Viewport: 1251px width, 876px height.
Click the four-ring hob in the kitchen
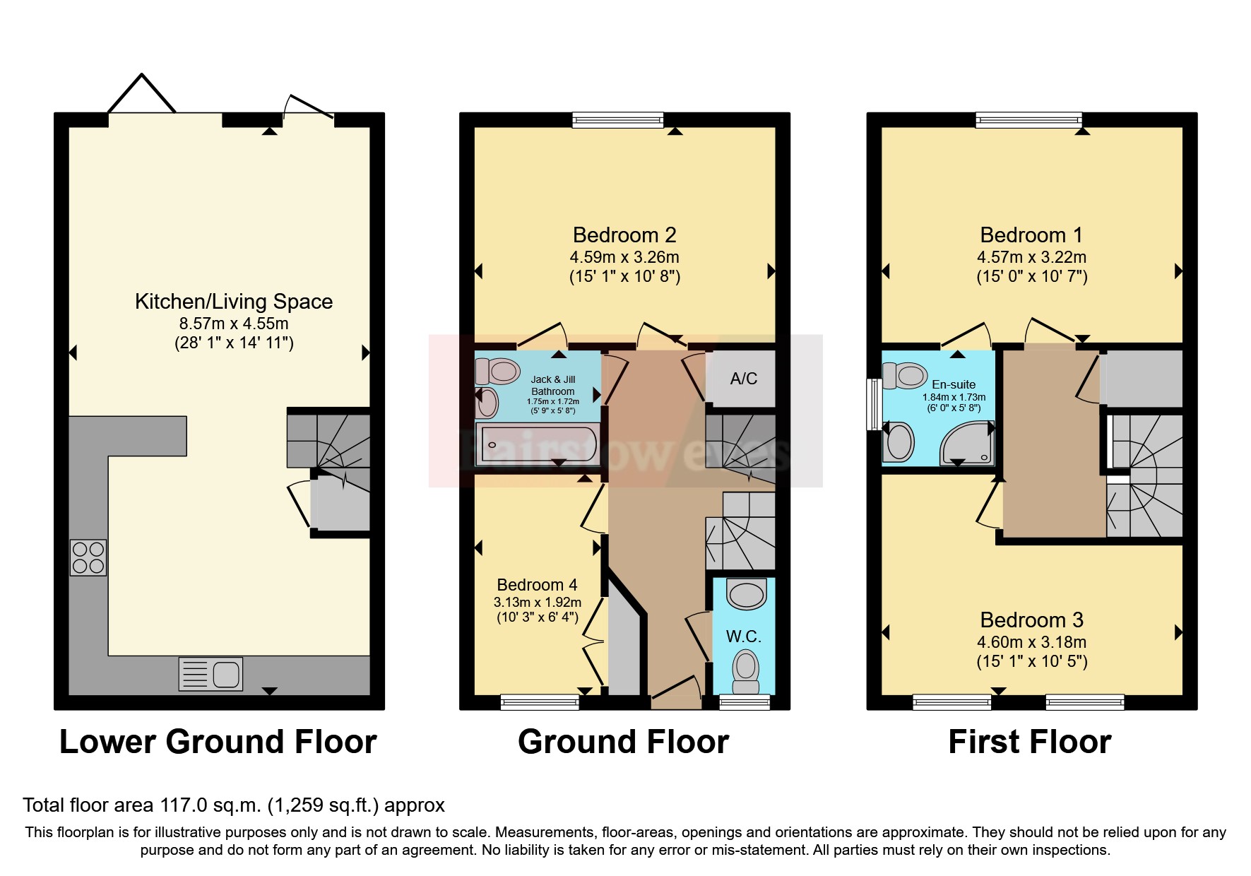(x=88, y=557)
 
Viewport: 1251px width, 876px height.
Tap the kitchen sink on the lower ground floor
(x=211, y=673)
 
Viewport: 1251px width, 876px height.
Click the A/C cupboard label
(x=743, y=379)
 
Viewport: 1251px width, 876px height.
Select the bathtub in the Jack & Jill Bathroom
(x=538, y=444)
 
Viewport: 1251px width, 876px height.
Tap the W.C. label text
(x=743, y=637)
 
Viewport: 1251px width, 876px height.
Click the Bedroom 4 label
(x=537, y=585)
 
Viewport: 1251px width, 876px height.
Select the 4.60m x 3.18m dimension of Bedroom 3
(x=1031, y=642)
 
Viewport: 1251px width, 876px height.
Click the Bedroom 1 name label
(x=1031, y=235)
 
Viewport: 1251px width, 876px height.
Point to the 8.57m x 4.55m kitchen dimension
(x=234, y=324)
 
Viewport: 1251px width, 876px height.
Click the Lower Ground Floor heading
(x=218, y=742)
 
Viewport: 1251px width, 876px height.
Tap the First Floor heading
(x=1029, y=742)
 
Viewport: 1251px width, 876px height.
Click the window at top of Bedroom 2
(x=618, y=120)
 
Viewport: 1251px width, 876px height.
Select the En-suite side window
(x=874, y=404)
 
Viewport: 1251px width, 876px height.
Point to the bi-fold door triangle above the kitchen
(x=141, y=94)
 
